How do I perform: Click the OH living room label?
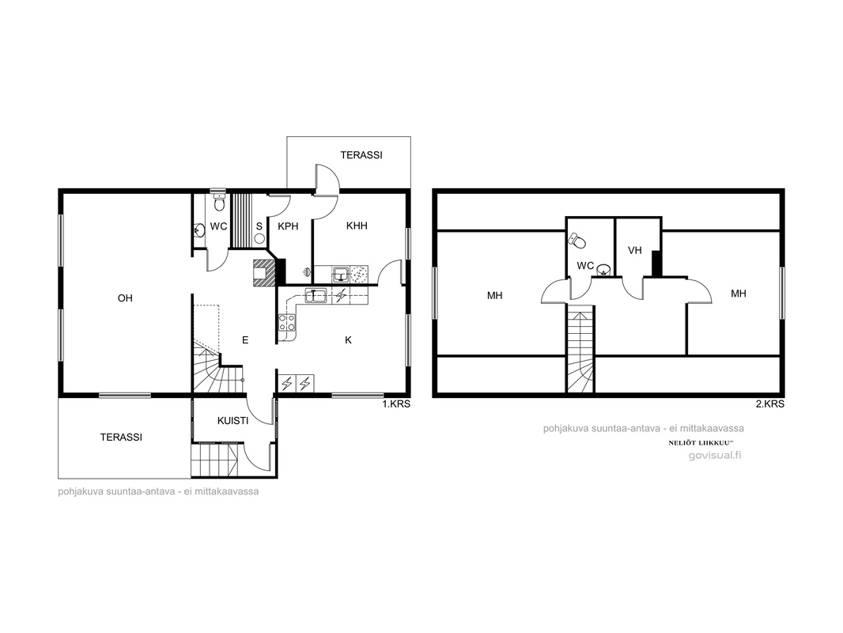point(125,298)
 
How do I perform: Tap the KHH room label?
point(357,226)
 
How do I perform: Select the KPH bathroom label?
point(288,226)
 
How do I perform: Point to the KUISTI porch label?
point(232,421)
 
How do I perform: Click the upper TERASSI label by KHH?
point(361,155)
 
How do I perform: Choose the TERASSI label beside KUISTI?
point(121,438)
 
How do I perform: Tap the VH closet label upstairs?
point(635,250)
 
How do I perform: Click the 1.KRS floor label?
point(396,404)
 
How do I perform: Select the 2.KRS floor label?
point(770,404)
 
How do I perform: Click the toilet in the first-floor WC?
point(219,203)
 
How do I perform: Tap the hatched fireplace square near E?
point(264,272)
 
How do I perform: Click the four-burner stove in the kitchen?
point(286,323)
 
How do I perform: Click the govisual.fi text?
point(715,455)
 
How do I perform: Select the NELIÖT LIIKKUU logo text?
point(701,442)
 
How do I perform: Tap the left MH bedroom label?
point(494,295)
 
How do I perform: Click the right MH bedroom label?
point(738,294)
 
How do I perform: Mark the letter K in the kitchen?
point(349,340)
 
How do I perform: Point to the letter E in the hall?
point(245,340)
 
